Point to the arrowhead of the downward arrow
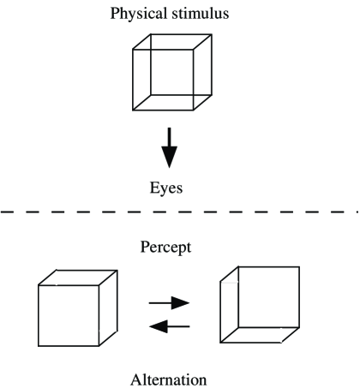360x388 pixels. click(x=170, y=158)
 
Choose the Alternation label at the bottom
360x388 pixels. click(x=171, y=377)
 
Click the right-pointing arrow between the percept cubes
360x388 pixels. click(x=169, y=302)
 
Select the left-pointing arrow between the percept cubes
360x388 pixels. click(x=169, y=325)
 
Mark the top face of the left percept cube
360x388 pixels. click(x=78, y=277)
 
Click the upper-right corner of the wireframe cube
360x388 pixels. click(x=211, y=36)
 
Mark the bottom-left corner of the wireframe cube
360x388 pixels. click(x=134, y=110)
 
